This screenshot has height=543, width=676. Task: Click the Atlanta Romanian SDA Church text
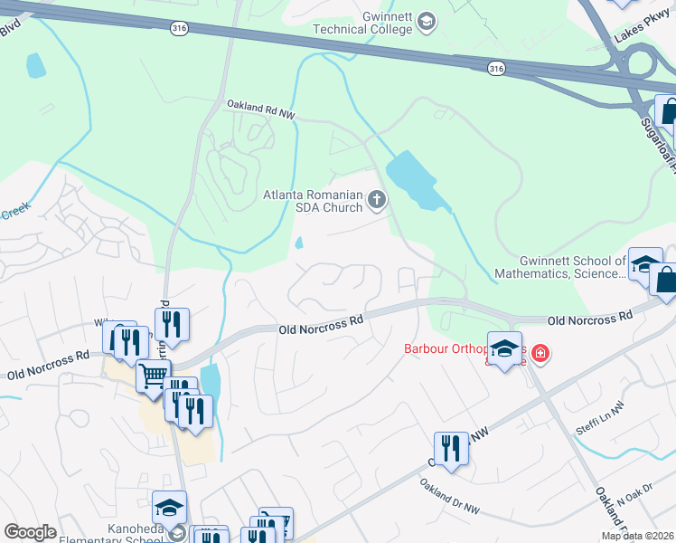(312, 201)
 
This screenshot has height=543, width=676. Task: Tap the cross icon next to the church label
(377, 201)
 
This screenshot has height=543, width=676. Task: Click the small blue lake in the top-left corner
(35, 65)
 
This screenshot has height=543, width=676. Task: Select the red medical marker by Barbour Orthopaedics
(540, 352)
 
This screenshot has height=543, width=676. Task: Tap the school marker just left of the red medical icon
(505, 349)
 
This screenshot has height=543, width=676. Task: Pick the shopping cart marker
(154, 375)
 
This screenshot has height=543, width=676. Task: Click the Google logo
(30, 532)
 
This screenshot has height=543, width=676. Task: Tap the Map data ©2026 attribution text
(637, 536)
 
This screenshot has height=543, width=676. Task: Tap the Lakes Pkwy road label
(639, 35)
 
